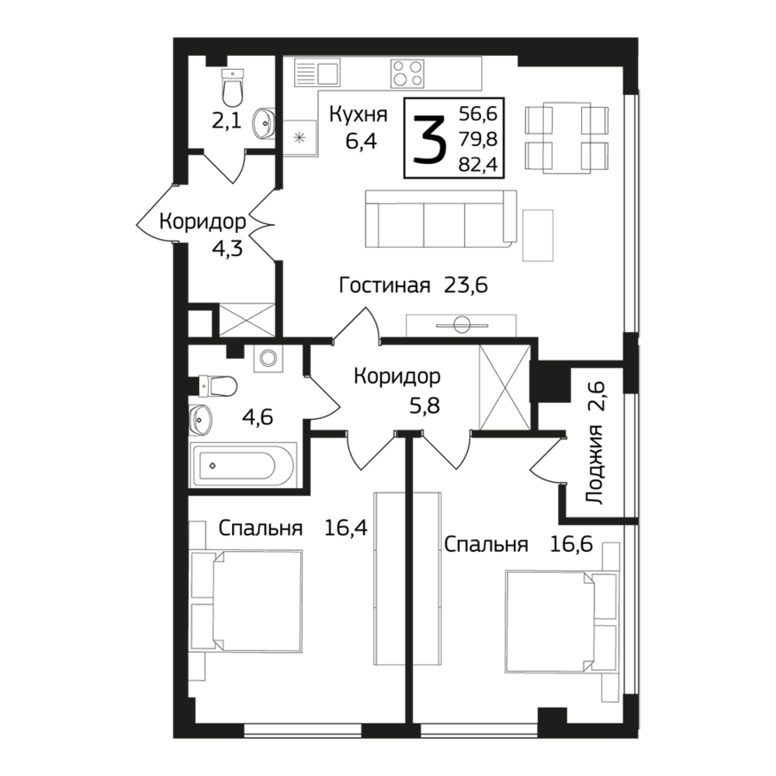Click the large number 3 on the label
(429, 139)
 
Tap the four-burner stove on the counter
(407, 72)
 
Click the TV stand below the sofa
(461, 325)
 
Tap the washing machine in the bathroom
(266, 358)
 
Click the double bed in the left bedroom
(256, 601)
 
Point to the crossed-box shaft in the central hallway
(502, 385)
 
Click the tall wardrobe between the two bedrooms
(406, 578)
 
